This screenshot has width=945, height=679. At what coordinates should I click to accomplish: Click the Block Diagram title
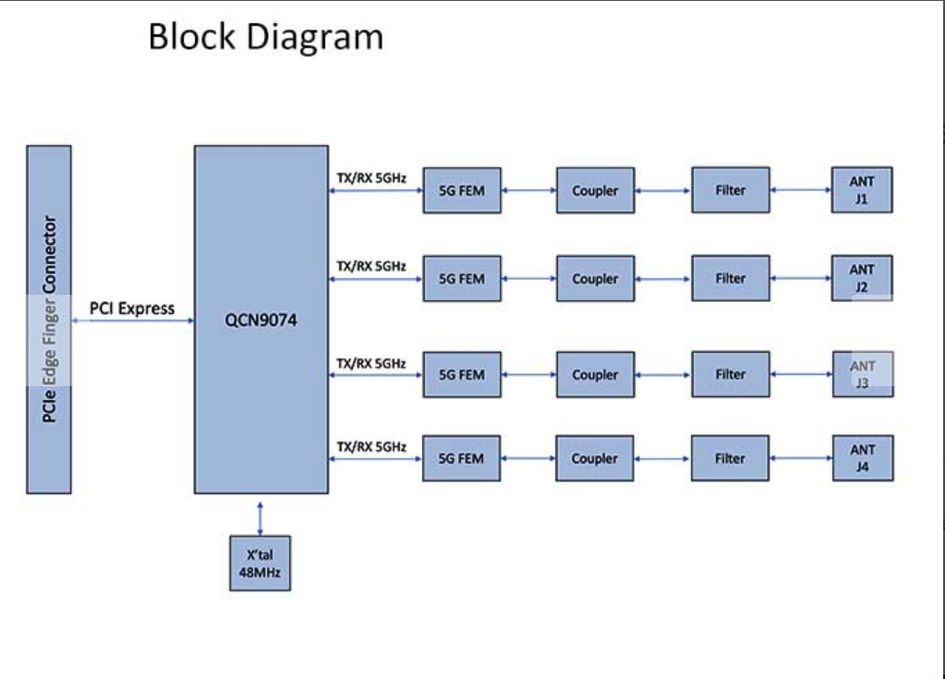[265, 38]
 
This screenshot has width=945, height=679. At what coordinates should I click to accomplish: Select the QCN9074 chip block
[260, 319]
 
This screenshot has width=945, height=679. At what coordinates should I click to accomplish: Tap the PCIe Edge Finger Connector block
[49, 319]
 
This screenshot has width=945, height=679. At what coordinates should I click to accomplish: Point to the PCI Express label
[132, 309]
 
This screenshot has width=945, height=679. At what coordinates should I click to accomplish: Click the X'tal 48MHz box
[260, 563]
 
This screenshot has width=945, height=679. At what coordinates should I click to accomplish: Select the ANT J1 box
[862, 190]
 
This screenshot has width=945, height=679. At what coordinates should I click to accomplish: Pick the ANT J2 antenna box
[862, 278]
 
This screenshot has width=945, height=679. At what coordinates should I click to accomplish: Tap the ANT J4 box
[862, 458]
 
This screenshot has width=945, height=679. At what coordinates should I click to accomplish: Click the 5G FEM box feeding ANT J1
[461, 190]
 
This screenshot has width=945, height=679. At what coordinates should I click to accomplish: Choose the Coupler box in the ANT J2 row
[595, 278]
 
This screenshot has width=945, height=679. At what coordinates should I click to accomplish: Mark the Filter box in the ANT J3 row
[730, 374]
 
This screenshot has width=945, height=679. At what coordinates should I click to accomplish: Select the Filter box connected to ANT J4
[730, 458]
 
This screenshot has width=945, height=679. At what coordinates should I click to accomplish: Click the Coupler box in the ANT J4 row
[595, 458]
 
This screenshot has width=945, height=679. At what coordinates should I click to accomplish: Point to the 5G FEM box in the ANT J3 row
[461, 374]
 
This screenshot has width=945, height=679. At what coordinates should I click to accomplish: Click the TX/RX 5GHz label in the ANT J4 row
[370, 447]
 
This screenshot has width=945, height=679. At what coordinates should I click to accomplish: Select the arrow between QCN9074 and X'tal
[260, 517]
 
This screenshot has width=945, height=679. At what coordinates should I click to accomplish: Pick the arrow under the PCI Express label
[132, 321]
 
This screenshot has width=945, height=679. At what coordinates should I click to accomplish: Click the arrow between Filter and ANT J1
[800, 190]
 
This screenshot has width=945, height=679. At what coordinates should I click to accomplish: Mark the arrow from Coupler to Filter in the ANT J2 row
[662, 278]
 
